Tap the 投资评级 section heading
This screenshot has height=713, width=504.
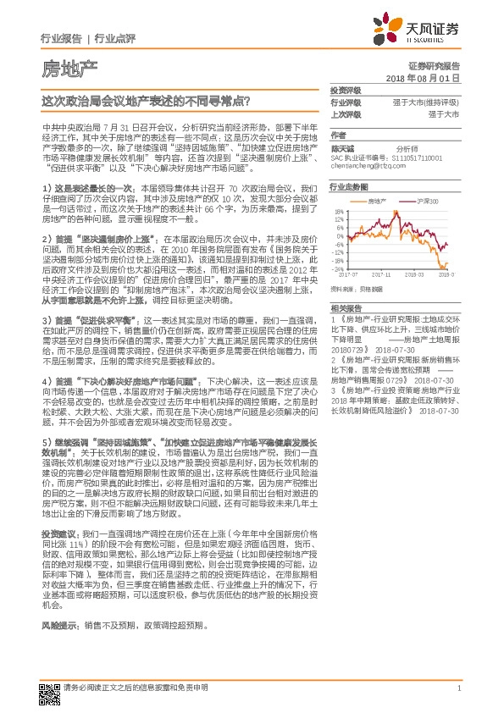(x=345, y=90)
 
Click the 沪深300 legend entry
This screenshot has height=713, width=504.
(x=427, y=202)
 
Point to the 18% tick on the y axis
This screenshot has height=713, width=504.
(x=338, y=212)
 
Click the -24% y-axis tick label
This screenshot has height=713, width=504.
(x=337, y=268)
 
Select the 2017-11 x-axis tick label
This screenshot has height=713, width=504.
(x=382, y=274)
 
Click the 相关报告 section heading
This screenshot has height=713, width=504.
(x=345, y=309)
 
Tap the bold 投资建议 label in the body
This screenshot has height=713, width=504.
(x=55, y=534)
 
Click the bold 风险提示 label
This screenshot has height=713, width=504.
(x=55, y=624)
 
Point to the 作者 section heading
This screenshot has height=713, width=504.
(x=338, y=135)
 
